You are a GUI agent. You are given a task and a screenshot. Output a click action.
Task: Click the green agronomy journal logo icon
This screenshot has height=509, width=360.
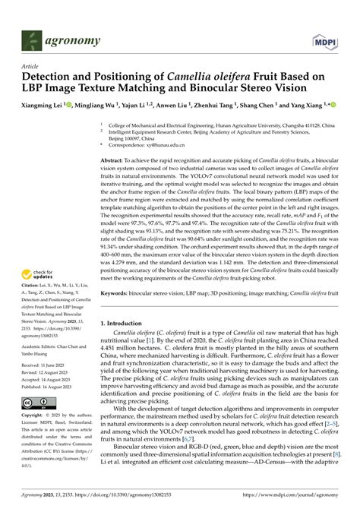(33, 40)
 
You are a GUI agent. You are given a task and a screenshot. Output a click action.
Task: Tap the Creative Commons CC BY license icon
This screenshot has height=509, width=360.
(36, 402)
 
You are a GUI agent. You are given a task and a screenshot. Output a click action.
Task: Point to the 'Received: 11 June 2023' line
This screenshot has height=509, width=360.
(48, 365)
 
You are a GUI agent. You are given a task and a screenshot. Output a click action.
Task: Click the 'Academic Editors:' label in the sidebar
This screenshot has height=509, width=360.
(45, 343)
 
